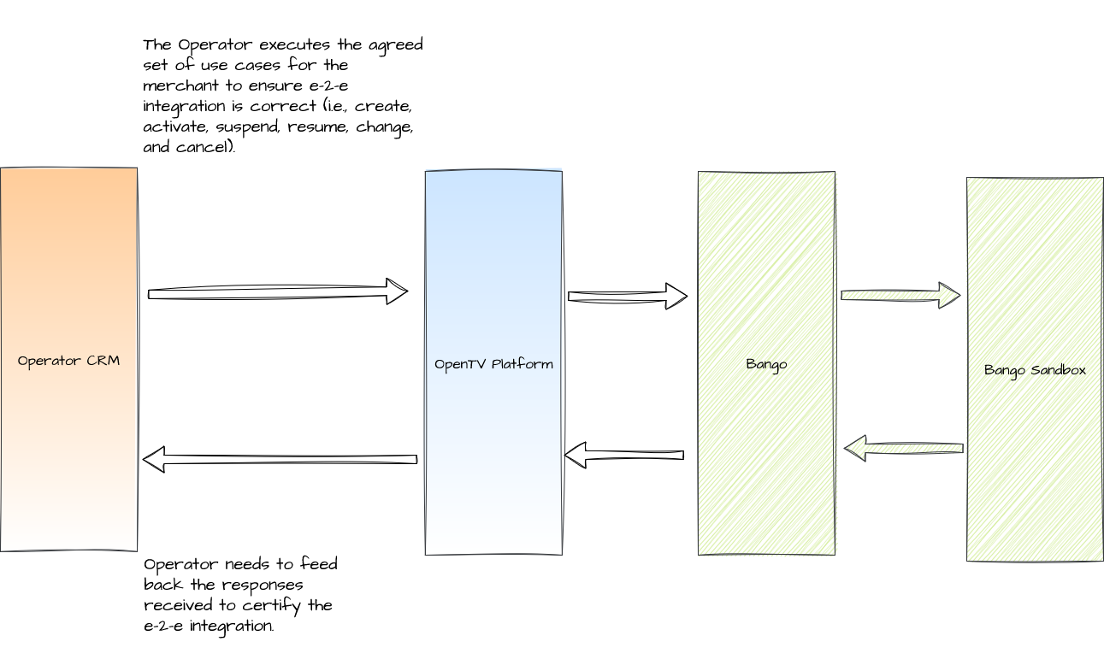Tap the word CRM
pyautogui.click(x=103, y=361)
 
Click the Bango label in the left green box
pyautogui.click(x=766, y=364)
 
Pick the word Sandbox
pyautogui.click(x=1059, y=370)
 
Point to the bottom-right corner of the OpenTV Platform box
pyautogui.click(x=561, y=554)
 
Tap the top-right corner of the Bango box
pyautogui.click(x=835, y=174)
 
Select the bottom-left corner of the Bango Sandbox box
pyautogui.click(x=968, y=560)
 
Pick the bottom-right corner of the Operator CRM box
pyautogui.click(x=135, y=551)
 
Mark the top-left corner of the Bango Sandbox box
pyautogui.click(x=968, y=179)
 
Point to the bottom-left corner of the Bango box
pyautogui.click(x=700, y=555)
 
